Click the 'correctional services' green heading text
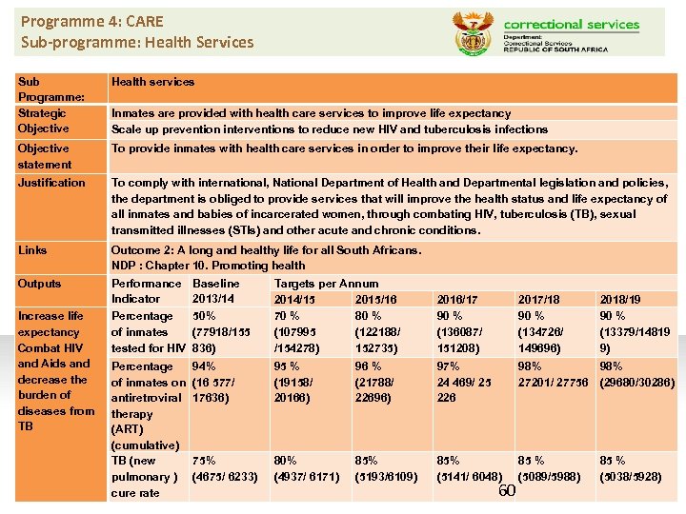click(572, 24)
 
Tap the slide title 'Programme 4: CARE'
click(92, 21)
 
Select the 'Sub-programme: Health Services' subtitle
click(137, 42)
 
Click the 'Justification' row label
click(51, 183)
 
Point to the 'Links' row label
click(32, 250)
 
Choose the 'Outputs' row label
click(39, 284)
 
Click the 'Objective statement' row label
click(44, 156)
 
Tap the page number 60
click(507, 489)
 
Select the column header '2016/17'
click(457, 300)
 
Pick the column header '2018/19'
click(620, 300)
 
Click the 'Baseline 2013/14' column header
click(216, 291)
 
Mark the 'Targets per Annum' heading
click(326, 284)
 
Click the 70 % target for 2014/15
click(287, 316)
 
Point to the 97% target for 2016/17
click(448, 366)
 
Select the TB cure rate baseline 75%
click(204, 461)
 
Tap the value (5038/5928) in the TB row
click(630, 476)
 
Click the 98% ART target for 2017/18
click(530, 366)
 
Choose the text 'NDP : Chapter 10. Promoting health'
click(209, 266)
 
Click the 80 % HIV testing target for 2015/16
click(369, 316)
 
